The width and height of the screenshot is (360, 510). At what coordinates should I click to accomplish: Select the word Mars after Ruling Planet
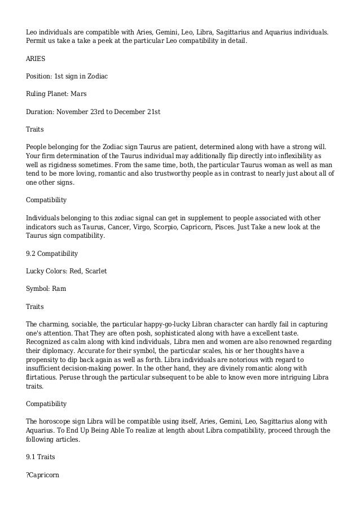[x=79, y=94]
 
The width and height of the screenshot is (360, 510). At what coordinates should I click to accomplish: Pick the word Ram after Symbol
[x=59, y=289]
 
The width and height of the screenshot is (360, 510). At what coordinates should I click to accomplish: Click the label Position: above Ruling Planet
[x=41, y=76]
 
